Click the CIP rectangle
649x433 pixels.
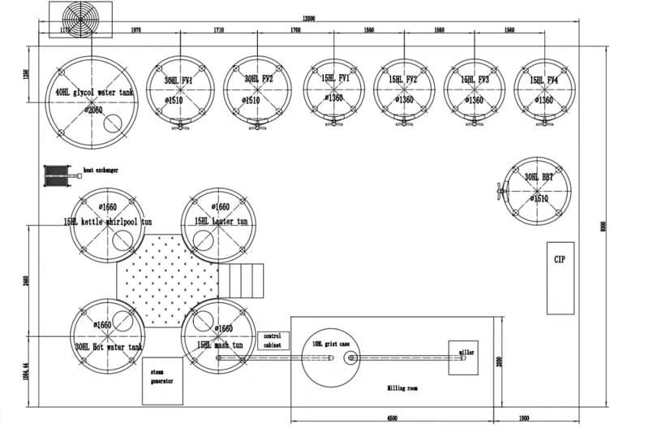(x=560, y=277)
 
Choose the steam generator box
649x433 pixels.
(x=161, y=380)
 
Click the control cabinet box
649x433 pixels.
(x=273, y=340)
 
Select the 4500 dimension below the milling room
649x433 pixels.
(x=392, y=418)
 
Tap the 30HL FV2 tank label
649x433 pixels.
(x=259, y=80)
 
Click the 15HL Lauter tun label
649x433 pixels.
(x=221, y=221)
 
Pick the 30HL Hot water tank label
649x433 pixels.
(x=109, y=346)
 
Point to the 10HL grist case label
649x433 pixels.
(x=331, y=344)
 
